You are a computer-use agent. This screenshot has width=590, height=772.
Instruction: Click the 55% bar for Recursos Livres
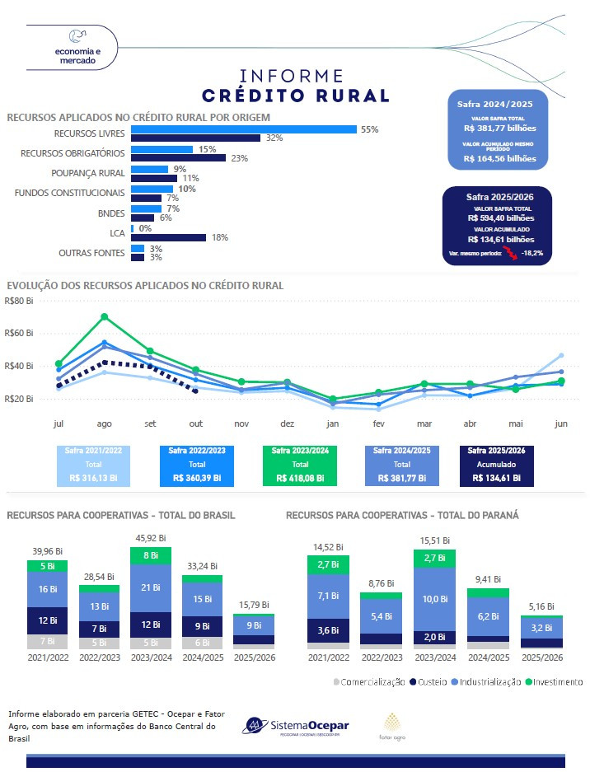point(243,129)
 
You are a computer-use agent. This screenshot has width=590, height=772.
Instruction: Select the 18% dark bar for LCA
point(168,237)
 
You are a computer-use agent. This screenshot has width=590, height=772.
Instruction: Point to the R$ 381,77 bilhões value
point(499,129)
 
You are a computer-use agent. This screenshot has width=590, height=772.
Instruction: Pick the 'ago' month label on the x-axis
point(105,423)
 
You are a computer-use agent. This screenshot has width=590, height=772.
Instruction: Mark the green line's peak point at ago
point(105,316)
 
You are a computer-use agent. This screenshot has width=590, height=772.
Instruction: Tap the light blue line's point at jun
point(561,356)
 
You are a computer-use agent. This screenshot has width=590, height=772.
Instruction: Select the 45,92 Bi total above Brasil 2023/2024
point(150,539)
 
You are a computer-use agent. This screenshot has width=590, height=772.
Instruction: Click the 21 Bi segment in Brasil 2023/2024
point(150,587)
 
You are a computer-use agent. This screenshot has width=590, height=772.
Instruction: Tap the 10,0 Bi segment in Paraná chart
point(435,598)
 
